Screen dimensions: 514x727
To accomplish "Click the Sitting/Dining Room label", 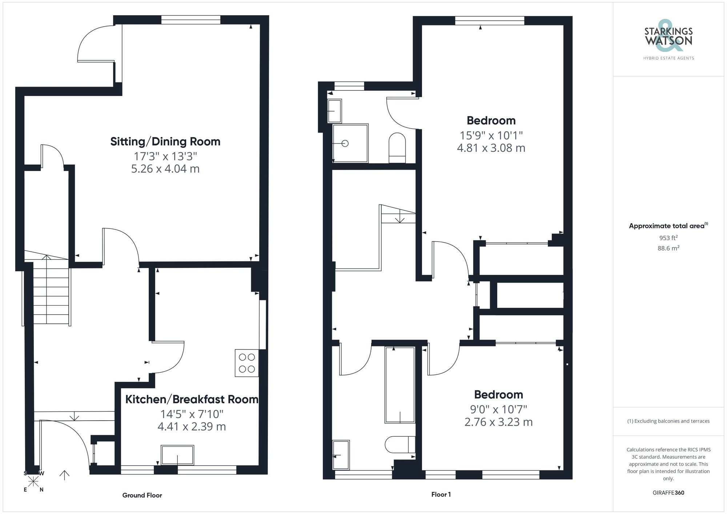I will [x=165, y=141].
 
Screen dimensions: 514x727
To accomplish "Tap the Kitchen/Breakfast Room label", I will [x=192, y=399].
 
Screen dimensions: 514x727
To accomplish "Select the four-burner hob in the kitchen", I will [x=247, y=363].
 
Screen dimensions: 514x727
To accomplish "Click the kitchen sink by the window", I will [x=177, y=455].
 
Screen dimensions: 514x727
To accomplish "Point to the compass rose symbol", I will [x=33, y=481].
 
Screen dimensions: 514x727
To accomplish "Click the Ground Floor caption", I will [x=142, y=495].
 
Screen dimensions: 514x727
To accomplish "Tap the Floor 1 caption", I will [x=441, y=494].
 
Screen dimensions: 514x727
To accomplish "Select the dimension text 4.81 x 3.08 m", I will [x=491, y=148].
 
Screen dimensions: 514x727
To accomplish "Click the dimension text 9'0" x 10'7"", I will [x=498, y=409].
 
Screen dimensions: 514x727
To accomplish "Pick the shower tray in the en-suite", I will [x=350, y=143].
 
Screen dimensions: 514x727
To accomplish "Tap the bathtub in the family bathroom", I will [x=400, y=385].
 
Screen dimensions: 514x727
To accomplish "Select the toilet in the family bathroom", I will [x=400, y=445].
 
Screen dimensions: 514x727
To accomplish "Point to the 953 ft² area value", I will [x=668, y=238].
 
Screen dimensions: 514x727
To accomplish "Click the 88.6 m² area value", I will [x=668, y=248].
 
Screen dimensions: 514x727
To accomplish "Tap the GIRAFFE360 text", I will [x=668, y=493].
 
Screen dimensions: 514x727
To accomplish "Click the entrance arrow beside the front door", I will [x=64, y=475].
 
